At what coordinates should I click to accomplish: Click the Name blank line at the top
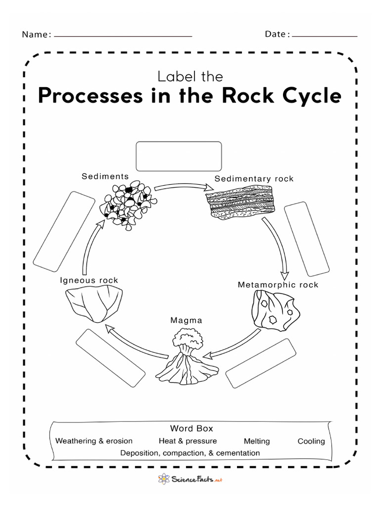[123, 36]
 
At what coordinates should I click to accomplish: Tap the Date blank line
[324, 36]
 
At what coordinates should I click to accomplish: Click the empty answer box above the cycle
[179, 156]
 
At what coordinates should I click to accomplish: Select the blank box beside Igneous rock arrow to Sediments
[64, 231]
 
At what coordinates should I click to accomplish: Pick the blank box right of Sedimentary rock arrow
[307, 238]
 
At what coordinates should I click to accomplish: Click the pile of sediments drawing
[129, 204]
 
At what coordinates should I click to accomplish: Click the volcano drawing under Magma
[186, 359]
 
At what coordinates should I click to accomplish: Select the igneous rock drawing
[95, 304]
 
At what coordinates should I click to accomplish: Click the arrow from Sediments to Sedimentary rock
[181, 187]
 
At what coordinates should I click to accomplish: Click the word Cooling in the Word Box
[311, 441]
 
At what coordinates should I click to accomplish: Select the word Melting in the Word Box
[257, 441]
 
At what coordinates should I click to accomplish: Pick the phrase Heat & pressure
[188, 441]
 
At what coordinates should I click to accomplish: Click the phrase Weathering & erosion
[94, 441]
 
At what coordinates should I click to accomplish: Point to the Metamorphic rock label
[278, 285]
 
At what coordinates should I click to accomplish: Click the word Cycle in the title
[306, 96]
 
